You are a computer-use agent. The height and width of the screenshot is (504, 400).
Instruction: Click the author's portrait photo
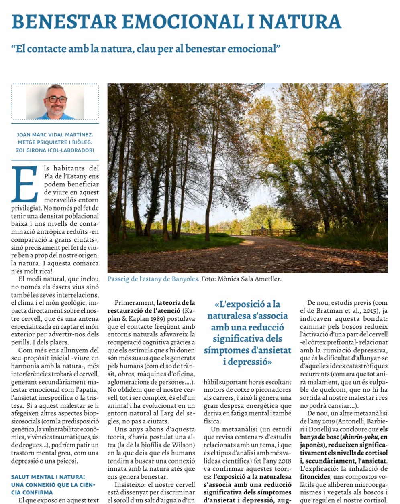55,102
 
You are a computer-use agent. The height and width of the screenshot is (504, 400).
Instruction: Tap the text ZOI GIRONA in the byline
32,150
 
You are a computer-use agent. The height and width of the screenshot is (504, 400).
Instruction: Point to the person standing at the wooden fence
263,231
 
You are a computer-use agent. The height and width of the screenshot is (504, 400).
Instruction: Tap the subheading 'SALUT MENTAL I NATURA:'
48,477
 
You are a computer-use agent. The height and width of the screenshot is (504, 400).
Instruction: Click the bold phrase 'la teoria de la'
176,302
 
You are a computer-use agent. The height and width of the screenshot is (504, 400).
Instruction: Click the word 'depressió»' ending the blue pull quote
248,362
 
